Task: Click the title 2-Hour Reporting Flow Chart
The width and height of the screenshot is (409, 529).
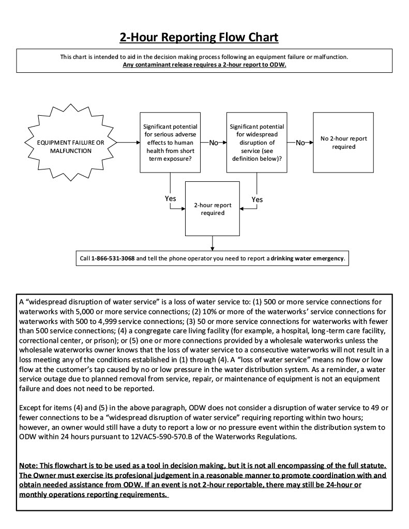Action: point(199,38)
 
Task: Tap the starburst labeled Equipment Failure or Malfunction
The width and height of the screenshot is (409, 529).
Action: point(71,142)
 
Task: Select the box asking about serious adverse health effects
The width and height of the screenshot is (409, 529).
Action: point(170,142)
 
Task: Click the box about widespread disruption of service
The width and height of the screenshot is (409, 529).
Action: point(257,142)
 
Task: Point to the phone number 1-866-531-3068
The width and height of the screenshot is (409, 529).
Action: point(113,258)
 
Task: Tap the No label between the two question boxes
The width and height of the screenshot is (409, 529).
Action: point(214,143)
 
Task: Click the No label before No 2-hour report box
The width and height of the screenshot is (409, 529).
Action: point(300,143)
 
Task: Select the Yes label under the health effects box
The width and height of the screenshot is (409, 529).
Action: point(170,199)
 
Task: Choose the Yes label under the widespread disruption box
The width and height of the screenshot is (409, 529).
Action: point(257,199)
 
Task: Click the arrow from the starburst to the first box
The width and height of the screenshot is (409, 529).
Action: point(128,142)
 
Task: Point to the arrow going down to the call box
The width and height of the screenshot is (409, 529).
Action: point(213,242)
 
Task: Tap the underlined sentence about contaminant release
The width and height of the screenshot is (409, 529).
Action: point(204,65)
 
